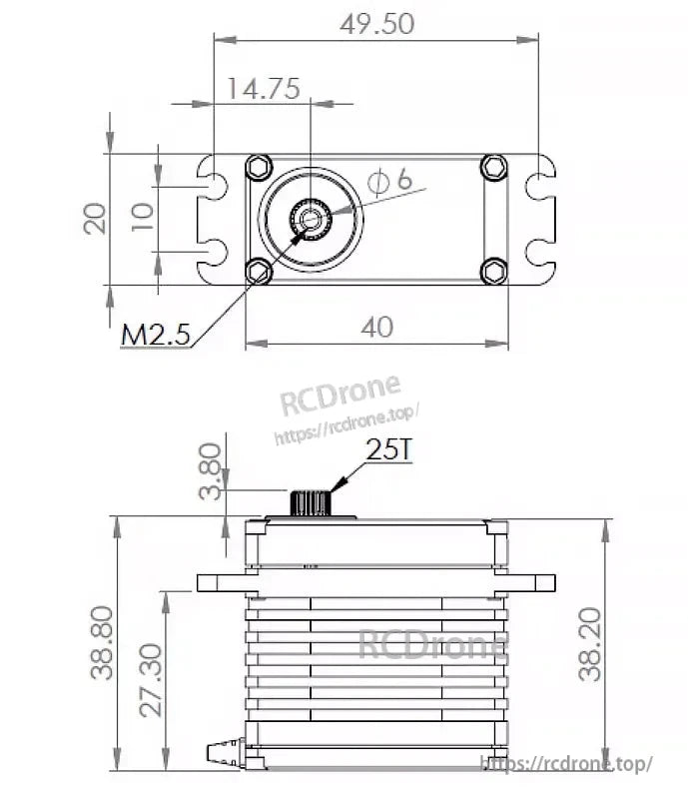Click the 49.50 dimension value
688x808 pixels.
[x=376, y=24]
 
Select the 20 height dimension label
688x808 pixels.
[x=96, y=218]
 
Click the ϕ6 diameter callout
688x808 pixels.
[x=389, y=181]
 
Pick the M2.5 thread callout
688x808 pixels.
[x=155, y=335]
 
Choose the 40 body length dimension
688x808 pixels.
[x=378, y=327]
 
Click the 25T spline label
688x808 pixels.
[x=388, y=450]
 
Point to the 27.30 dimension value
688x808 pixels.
[x=150, y=680]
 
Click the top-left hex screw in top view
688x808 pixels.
[x=259, y=168]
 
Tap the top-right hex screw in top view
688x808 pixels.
[x=493, y=167]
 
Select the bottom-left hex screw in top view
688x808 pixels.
[x=259, y=271]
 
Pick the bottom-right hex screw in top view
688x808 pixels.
[x=494, y=270]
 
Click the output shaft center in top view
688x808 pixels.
[x=312, y=219]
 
